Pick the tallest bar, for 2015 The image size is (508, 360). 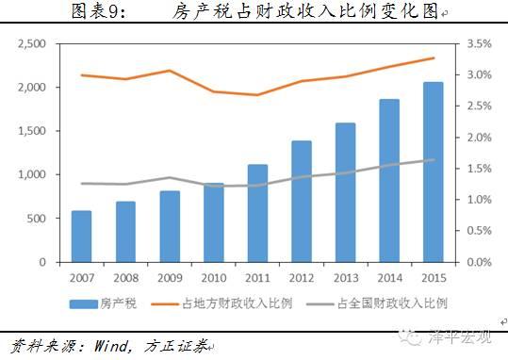tap(433, 170)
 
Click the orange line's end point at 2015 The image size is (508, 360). tap(434, 58)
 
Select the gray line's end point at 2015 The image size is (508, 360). tap(434, 160)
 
